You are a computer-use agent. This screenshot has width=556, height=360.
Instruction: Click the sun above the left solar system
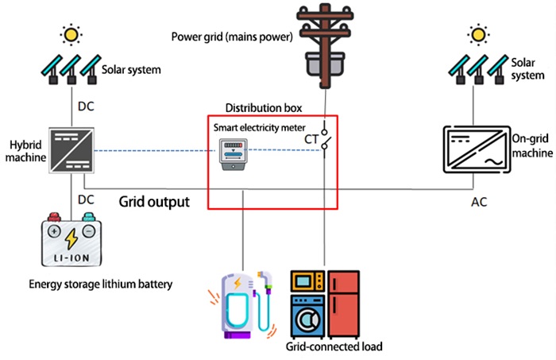pyautogui.click(x=72, y=34)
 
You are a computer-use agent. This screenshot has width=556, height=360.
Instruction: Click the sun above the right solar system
pyautogui.click(x=477, y=34)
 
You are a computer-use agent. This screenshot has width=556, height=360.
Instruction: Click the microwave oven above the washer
pyautogui.click(x=308, y=281)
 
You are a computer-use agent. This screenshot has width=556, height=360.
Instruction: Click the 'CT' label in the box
pyautogui.click(x=311, y=139)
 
